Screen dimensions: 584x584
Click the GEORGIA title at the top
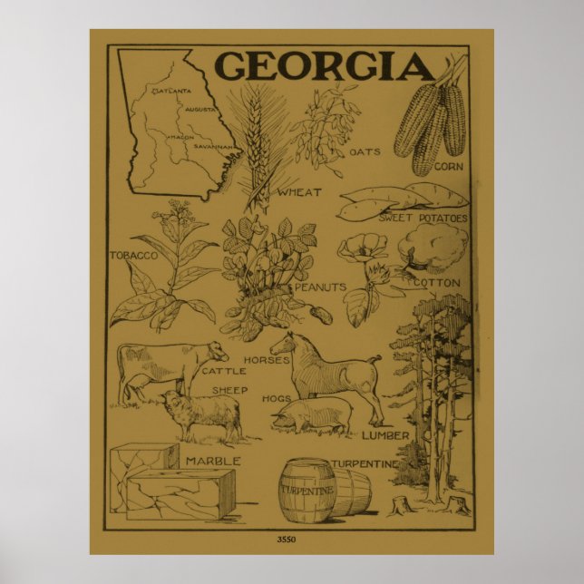tap(324, 66)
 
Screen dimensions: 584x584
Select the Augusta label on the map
tap(200, 110)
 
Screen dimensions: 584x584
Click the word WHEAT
tap(299, 191)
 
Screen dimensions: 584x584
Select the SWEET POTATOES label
tap(422, 219)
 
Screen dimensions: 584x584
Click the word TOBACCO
tap(132, 255)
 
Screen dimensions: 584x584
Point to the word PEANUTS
tap(318, 287)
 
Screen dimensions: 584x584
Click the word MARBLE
tap(212, 461)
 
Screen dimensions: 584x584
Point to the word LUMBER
tap(385, 436)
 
